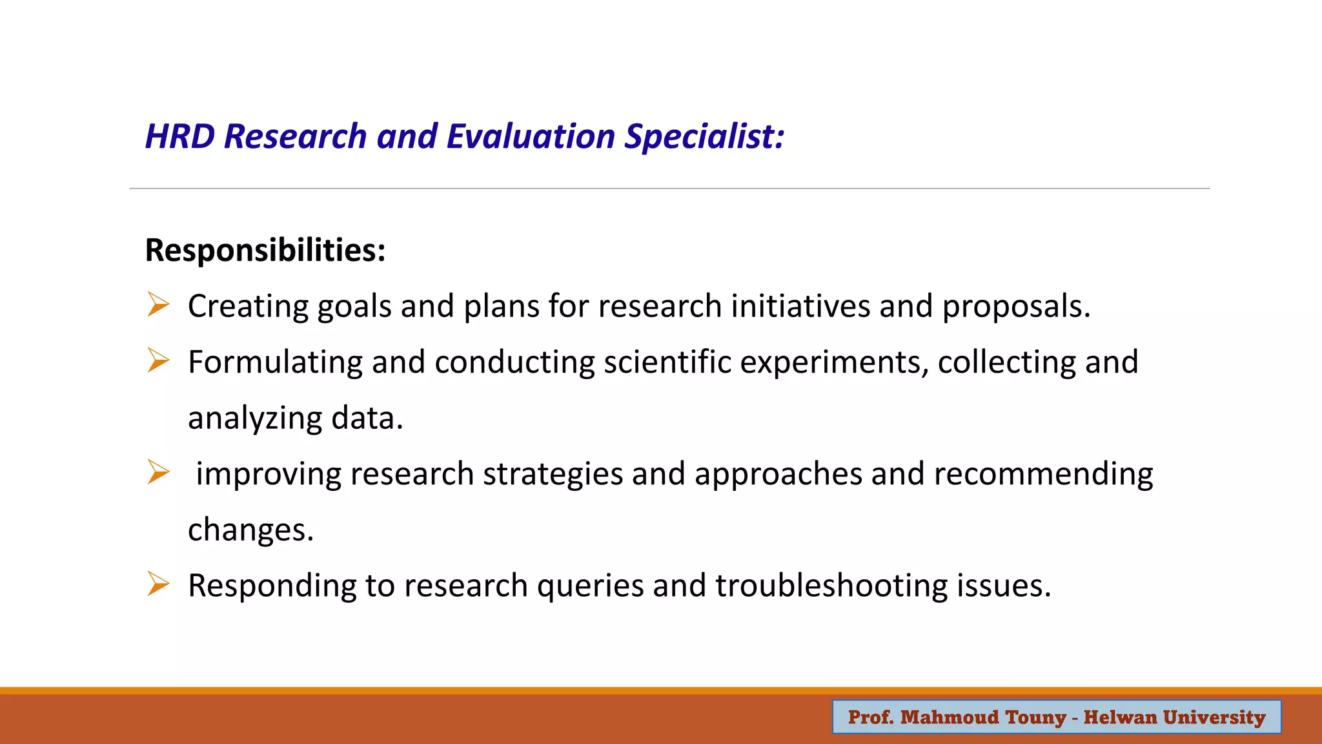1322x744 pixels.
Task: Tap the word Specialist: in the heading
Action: (x=704, y=137)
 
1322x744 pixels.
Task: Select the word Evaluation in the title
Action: (x=531, y=137)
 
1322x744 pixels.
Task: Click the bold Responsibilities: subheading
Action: (x=265, y=250)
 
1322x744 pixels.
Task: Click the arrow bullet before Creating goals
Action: (x=158, y=304)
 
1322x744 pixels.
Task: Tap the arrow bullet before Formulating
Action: (x=158, y=360)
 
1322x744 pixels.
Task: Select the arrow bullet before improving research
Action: (x=158, y=472)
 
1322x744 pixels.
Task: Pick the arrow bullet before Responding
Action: (x=158, y=584)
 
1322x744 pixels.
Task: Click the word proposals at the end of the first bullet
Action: (x=1015, y=306)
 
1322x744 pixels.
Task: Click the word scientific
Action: (x=667, y=362)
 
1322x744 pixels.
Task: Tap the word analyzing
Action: (x=254, y=418)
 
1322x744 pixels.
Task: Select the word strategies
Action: (x=553, y=474)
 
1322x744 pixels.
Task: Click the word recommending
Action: (x=1043, y=474)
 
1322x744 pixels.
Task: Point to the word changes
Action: (x=250, y=530)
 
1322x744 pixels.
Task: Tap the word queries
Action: (x=590, y=586)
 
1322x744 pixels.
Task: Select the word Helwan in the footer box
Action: (x=1120, y=718)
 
